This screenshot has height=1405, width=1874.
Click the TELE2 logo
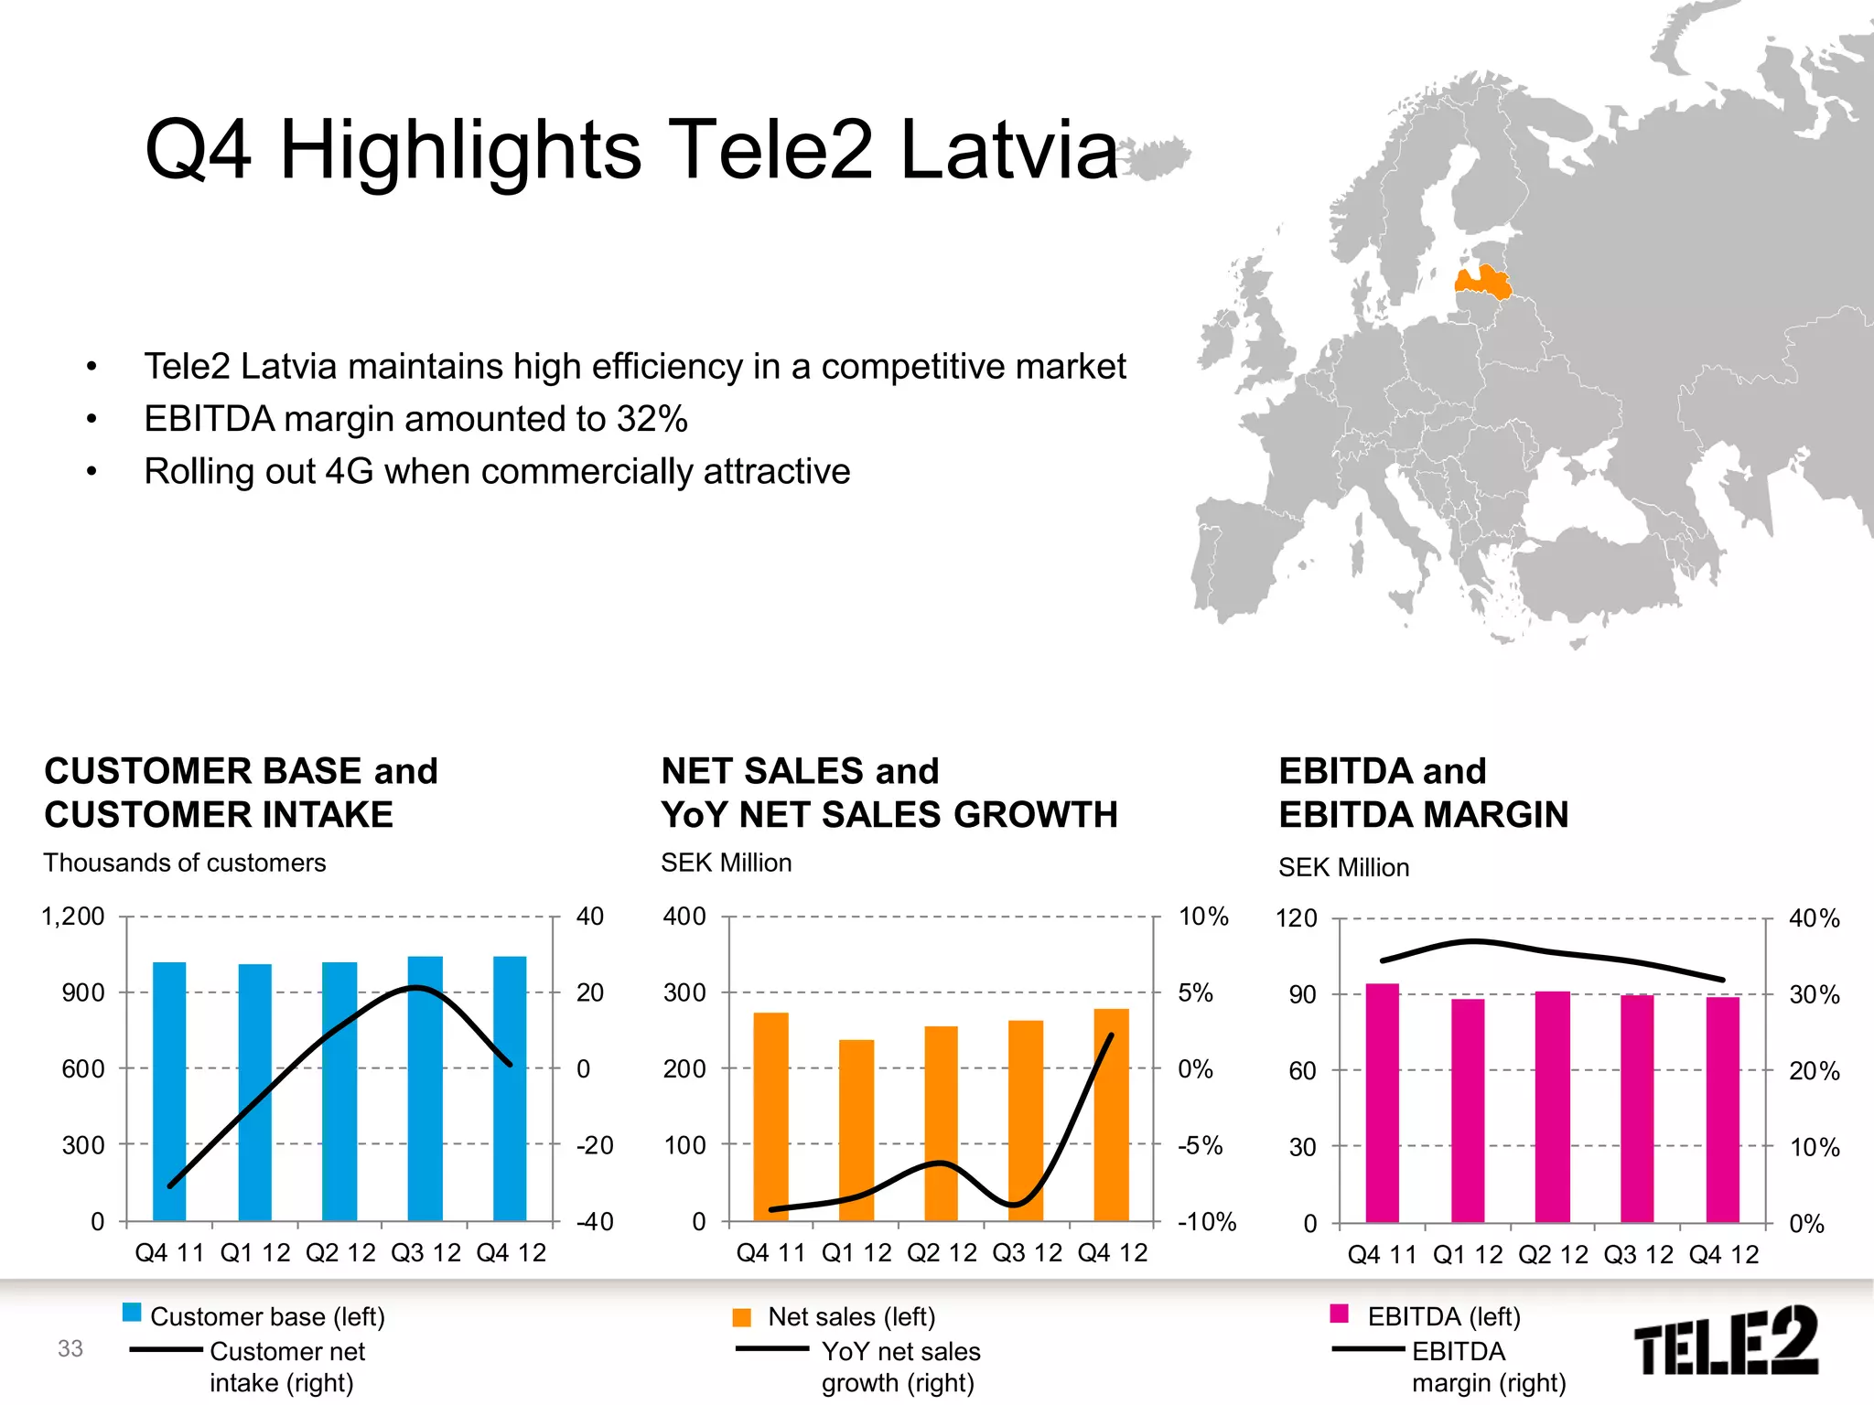(1725, 1342)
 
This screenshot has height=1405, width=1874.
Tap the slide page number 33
(70, 1348)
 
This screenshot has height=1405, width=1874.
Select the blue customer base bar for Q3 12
(425, 1089)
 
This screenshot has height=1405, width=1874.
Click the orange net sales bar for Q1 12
(856, 1130)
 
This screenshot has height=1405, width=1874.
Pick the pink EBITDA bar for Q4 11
(1382, 1102)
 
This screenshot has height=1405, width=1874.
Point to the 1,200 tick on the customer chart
(73, 917)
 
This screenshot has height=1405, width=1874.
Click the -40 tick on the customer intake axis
(595, 1221)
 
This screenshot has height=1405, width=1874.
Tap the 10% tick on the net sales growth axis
(1203, 917)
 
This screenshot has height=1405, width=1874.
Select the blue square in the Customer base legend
(132, 1314)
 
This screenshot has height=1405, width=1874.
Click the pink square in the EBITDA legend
(1340, 1314)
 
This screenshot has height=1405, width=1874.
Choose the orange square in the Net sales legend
(742, 1317)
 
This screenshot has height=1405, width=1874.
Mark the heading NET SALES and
(800, 771)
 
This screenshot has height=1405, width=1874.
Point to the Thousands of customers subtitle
(185, 863)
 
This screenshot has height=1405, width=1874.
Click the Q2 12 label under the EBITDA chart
(1553, 1255)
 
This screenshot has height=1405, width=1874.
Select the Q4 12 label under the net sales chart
(1112, 1253)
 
